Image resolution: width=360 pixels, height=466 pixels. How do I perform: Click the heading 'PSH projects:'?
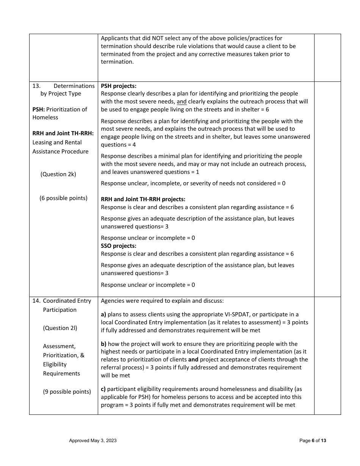(x=119, y=86)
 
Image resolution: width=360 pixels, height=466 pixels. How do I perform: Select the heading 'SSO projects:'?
(x=119, y=246)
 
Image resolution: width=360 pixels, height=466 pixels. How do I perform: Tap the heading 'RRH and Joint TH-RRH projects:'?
(x=143, y=199)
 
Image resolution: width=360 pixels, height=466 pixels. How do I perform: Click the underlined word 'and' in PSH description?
(x=182, y=102)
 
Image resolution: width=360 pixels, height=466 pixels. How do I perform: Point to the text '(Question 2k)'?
(x=58, y=174)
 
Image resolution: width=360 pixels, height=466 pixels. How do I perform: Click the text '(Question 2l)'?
(x=60, y=328)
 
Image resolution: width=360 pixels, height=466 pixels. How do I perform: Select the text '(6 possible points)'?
(x=63, y=198)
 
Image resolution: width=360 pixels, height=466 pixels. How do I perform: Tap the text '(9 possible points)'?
(x=67, y=392)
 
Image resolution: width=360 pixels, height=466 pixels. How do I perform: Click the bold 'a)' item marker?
(x=103, y=314)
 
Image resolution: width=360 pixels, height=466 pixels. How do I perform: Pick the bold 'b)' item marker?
(x=103, y=344)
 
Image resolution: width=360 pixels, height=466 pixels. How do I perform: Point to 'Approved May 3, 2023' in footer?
(x=93, y=441)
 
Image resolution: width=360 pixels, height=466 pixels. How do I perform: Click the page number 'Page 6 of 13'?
(x=313, y=441)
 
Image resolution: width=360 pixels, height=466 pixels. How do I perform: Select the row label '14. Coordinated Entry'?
(x=62, y=301)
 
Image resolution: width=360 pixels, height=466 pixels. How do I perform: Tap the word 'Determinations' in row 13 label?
(x=74, y=86)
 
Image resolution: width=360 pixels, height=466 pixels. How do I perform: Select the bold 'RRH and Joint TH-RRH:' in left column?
(x=63, y=133)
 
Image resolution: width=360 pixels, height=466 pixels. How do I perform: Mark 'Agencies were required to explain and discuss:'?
(x=162, y=301)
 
